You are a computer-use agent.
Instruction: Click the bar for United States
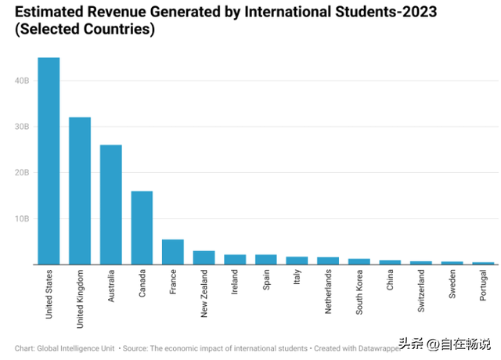[49, 160]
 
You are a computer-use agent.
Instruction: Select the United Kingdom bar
[80, 191]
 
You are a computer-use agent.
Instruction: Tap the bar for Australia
[110, 204]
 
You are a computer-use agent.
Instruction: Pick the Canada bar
[142, 228]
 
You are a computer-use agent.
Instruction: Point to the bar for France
[172, 252]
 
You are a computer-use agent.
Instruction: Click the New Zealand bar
[204, 257]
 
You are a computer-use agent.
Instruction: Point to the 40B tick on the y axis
[23, 80]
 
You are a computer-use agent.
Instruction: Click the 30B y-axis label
[23, 126]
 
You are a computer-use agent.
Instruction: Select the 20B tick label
[23, 172]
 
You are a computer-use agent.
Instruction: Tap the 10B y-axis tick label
[23, 218]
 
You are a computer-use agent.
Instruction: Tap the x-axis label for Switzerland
[420, 292]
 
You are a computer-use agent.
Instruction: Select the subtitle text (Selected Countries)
[85, 31]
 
